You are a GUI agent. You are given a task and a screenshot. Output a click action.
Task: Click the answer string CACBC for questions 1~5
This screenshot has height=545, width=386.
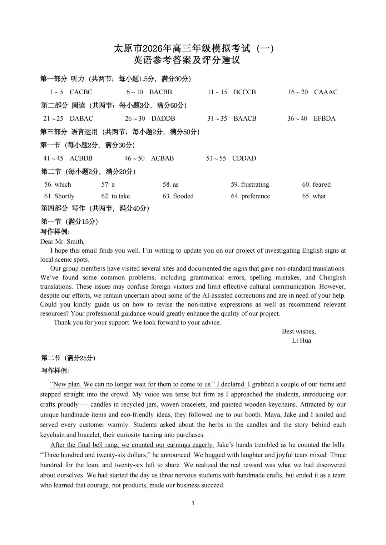pos(81,92)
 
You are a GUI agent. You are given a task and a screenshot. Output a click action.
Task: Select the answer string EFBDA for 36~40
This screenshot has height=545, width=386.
pos(325,118)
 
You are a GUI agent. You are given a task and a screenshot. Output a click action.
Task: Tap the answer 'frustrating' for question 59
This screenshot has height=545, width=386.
pos(255,185)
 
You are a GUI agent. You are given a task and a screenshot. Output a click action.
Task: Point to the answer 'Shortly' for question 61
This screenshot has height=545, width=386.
pos(64,196)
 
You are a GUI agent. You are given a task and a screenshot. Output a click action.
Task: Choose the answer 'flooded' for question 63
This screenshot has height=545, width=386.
pos(183,196)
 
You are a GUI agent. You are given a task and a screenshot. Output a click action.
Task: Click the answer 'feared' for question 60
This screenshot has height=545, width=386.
pos(321,185)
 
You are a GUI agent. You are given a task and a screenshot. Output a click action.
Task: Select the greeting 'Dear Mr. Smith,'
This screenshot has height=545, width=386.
pos(63,242)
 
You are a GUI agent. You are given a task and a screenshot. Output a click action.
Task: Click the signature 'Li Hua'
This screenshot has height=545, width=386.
pos(302,340)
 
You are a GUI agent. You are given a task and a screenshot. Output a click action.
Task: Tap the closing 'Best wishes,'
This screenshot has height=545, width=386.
pos(299,332)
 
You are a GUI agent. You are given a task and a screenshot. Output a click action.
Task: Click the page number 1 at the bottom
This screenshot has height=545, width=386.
pos(193,503)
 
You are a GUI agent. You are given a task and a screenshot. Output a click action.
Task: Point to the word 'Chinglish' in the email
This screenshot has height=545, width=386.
pos(332,278)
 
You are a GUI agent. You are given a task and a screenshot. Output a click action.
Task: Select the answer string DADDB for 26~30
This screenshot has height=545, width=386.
pos(163,118)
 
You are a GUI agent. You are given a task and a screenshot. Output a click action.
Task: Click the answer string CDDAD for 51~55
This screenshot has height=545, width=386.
pos(244,158)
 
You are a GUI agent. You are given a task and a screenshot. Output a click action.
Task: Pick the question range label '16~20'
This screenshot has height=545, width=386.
pos(298,92)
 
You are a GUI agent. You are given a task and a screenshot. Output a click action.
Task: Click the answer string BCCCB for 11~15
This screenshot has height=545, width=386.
pos(245,92)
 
